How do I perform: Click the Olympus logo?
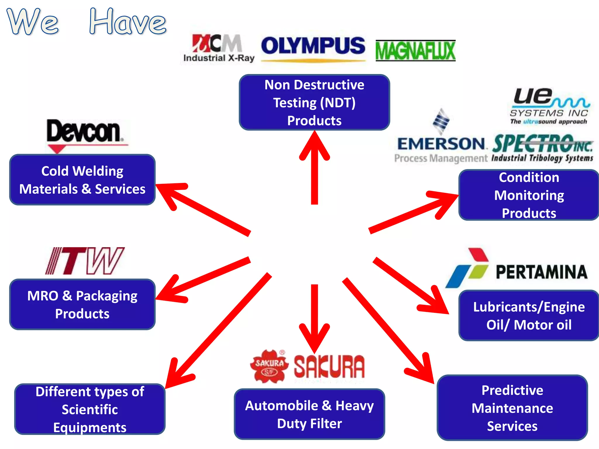coord(313,47)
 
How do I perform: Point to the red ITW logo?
coord(85,261)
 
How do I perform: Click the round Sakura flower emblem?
coord(269,366)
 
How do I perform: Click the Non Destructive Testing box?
coord(314,102)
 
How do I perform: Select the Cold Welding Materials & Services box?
coord(82,180)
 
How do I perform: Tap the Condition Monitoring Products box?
coord(529,195)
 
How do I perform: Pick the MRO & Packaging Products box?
coord(82,304)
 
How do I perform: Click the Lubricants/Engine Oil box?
coord(529,315)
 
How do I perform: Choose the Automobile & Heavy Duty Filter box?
coord(309,414)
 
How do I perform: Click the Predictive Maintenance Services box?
coord(512,408)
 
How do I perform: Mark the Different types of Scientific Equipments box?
coord(90,409)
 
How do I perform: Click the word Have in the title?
coord(128,22)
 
